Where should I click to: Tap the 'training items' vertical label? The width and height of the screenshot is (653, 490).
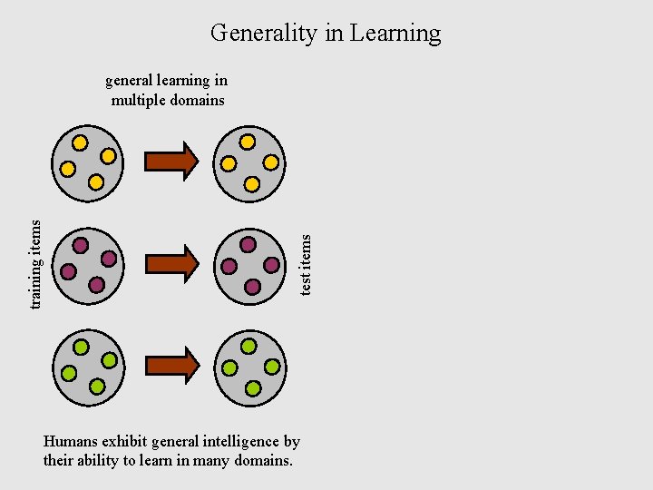pyautogui.click(x=36, y=263)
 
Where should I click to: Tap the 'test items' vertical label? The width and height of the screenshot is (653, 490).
pyautogui.click(x=306, y=264)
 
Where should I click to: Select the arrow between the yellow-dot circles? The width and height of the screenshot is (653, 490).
pyautogui.click(x=171, y=161)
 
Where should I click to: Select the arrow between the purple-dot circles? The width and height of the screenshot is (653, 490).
pyautogui.click(x=171, y=263)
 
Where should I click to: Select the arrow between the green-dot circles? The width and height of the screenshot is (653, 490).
pyautogui.click(x=171, y=366)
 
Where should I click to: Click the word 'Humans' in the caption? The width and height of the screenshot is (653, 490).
pyautogui.click(x=71, y=442)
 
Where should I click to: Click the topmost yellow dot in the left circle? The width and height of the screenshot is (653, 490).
pyautogui.click(x=80, y=142)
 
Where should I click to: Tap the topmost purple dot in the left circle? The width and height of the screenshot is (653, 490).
pyautogui.click(x=80, y=245)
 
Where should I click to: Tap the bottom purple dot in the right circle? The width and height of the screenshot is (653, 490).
pyautogui.click(x=252, y=287)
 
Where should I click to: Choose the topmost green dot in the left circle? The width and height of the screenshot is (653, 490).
pyautogui.click(x=80, y=347)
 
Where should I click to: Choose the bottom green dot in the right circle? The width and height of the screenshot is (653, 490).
pyautogui.click(x=252, y=388)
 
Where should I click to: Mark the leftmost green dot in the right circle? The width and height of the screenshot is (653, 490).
pyautogui.click(x=229, y=367)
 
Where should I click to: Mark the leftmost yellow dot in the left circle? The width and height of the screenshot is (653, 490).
pyautogui.click(x=68, y=169)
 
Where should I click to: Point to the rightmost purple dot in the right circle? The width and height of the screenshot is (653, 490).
pyautogui.click(x=271, y=265)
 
